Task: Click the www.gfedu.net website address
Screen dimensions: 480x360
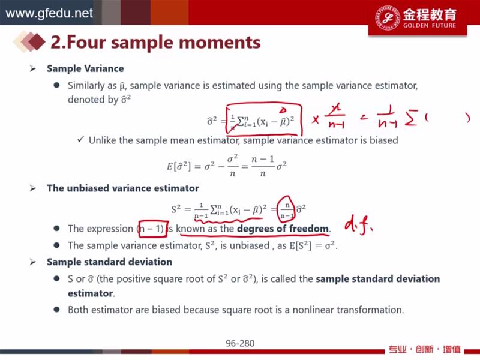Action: click(49, 13)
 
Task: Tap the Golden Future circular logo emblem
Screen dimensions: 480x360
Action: click(388, 17)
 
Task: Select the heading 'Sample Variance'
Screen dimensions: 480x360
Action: click(85, 68)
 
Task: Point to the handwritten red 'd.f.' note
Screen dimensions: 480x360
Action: click(358, 226)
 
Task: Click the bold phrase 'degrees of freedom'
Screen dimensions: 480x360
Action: click(283, 229)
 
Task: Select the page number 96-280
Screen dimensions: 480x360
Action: click(240, 343)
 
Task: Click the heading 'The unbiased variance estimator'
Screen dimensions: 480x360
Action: click(123, 188)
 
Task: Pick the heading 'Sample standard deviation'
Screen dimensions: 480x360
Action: click(109, 262)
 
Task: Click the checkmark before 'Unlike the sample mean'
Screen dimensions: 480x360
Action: click(81, 140)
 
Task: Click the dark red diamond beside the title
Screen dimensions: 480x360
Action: click(36, 41)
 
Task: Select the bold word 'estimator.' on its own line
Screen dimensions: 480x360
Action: click(91, 293)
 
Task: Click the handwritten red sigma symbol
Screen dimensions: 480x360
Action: click(411, 119)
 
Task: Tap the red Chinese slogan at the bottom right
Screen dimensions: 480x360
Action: click(424, 349)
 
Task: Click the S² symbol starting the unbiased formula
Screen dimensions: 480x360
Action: click(176, 209)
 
